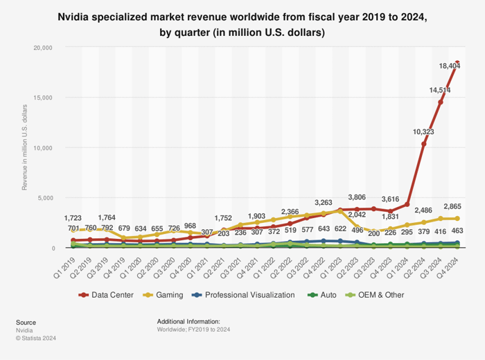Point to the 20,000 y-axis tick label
[43, 48]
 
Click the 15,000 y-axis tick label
[43, 98]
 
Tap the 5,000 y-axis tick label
[45, 198]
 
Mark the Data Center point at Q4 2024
[457, 63]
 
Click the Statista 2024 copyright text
[36, 339]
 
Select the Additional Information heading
[188, 322]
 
